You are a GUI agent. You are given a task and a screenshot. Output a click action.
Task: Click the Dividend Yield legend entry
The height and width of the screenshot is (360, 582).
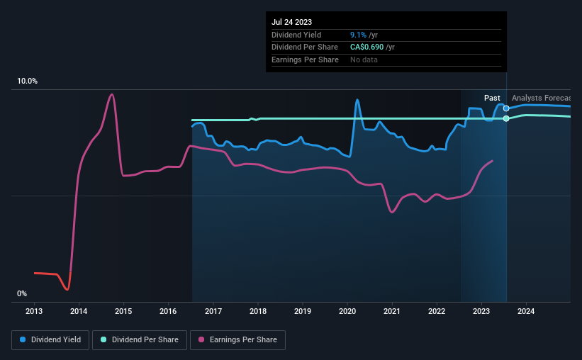click(x=50, y=339)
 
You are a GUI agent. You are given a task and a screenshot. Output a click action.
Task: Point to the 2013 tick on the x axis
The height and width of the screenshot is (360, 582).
click(x=34, y=311)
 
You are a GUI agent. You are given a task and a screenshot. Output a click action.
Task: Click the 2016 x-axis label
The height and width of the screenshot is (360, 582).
click(x=168, y=311)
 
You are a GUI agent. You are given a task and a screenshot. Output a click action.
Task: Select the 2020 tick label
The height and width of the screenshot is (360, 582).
click(x=347, y=311)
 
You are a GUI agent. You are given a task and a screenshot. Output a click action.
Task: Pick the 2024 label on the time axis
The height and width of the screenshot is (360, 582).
click(x=526, y=311)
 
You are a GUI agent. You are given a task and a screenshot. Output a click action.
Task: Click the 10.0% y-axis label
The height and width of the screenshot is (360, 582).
click(x=27, y=81)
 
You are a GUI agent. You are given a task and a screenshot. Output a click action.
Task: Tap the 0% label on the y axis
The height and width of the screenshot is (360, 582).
click(x=22, y=293)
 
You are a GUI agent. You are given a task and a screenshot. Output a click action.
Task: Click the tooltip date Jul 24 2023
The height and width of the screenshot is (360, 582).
click(x=292, y=22)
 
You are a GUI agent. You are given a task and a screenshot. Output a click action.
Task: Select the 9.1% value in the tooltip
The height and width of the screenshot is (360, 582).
click(x=358, y=35)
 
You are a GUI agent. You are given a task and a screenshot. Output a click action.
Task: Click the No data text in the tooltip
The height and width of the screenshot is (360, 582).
click(x=364, y=60)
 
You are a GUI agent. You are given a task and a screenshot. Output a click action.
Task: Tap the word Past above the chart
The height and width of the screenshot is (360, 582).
click(x=492, y=98)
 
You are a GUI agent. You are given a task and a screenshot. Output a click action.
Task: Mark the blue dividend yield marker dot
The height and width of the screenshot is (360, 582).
click(x=506, y=108)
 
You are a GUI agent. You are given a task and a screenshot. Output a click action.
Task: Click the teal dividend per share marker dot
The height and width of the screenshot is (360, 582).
click(x=506, y=118)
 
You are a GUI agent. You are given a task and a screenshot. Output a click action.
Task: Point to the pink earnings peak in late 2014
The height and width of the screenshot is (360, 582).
click(x=111, y=95)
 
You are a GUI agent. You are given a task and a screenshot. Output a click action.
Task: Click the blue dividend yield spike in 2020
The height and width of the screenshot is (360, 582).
click(x=357, y=100)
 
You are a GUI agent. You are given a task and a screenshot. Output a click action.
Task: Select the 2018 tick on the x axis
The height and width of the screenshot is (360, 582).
click(x=258, y=311)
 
